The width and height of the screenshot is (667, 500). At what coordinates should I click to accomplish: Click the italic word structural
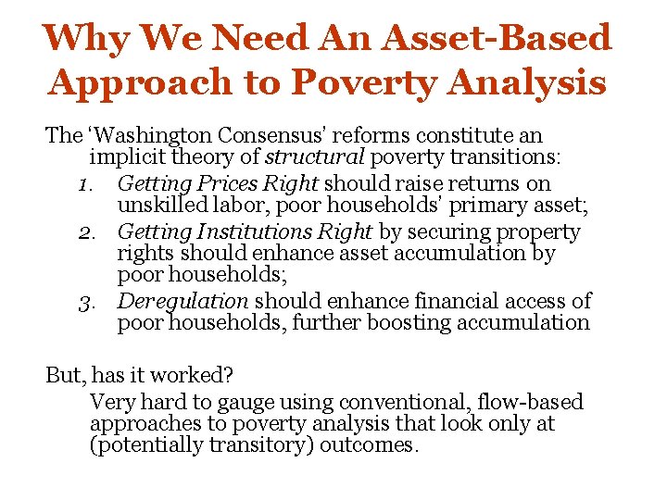304,159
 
